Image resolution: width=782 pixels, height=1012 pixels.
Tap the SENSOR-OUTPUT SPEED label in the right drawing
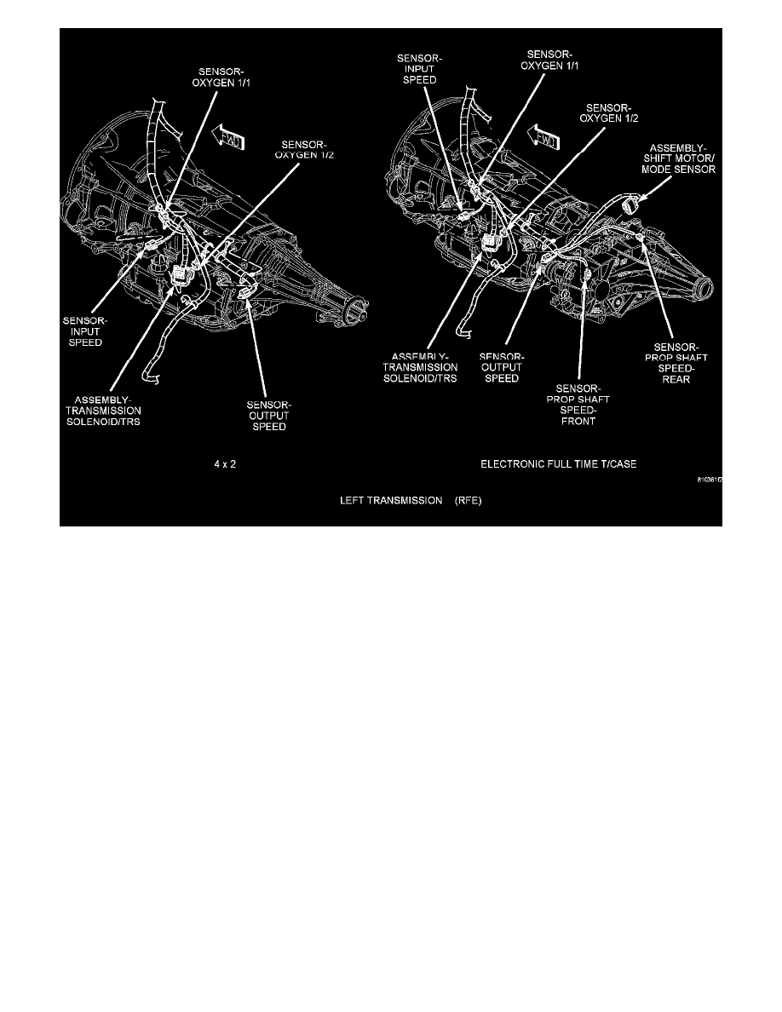[x=501, y=367]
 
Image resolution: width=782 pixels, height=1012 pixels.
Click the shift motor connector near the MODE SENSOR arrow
[x=632, y=204]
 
